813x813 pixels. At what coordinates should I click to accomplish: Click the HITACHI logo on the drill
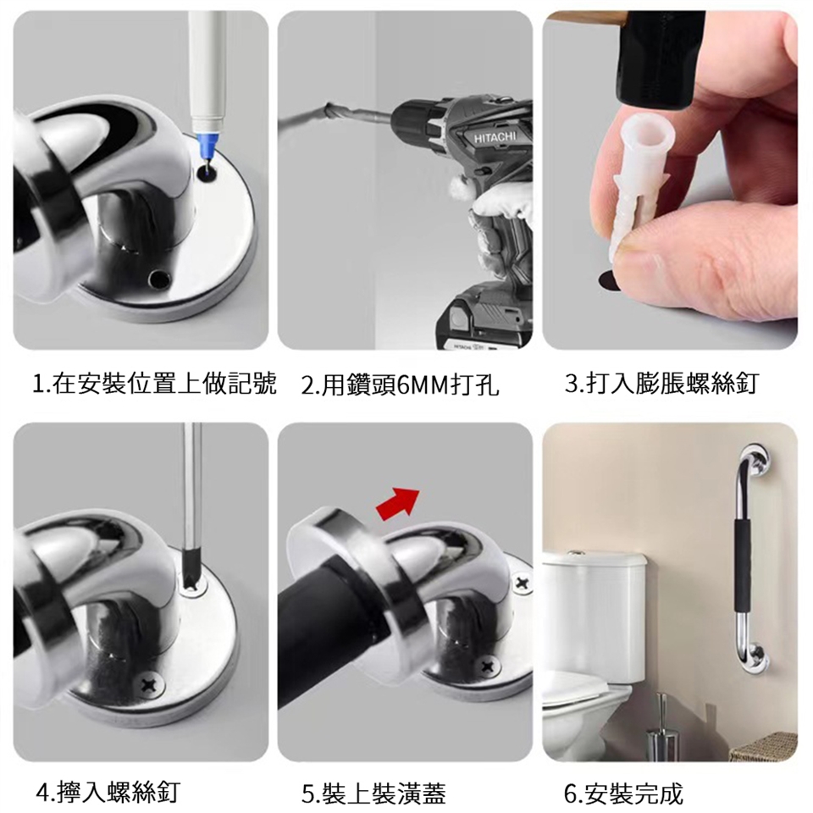coord(495,137)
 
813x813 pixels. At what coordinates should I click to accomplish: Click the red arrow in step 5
coord(398,502)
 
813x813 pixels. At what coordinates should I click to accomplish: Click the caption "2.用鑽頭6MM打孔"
coord(400,385)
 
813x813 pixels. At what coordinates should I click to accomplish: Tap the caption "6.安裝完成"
coord(624,794)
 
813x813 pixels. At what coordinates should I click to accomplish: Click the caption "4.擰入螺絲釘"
coord(108,793)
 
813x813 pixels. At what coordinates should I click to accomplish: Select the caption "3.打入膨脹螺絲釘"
coord(662,384)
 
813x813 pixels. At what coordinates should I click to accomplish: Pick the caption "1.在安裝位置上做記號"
coord(154,384)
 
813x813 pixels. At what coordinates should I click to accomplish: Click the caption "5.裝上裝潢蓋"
coord(373,794)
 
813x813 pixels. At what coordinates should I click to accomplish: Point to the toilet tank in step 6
coord(595,617)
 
